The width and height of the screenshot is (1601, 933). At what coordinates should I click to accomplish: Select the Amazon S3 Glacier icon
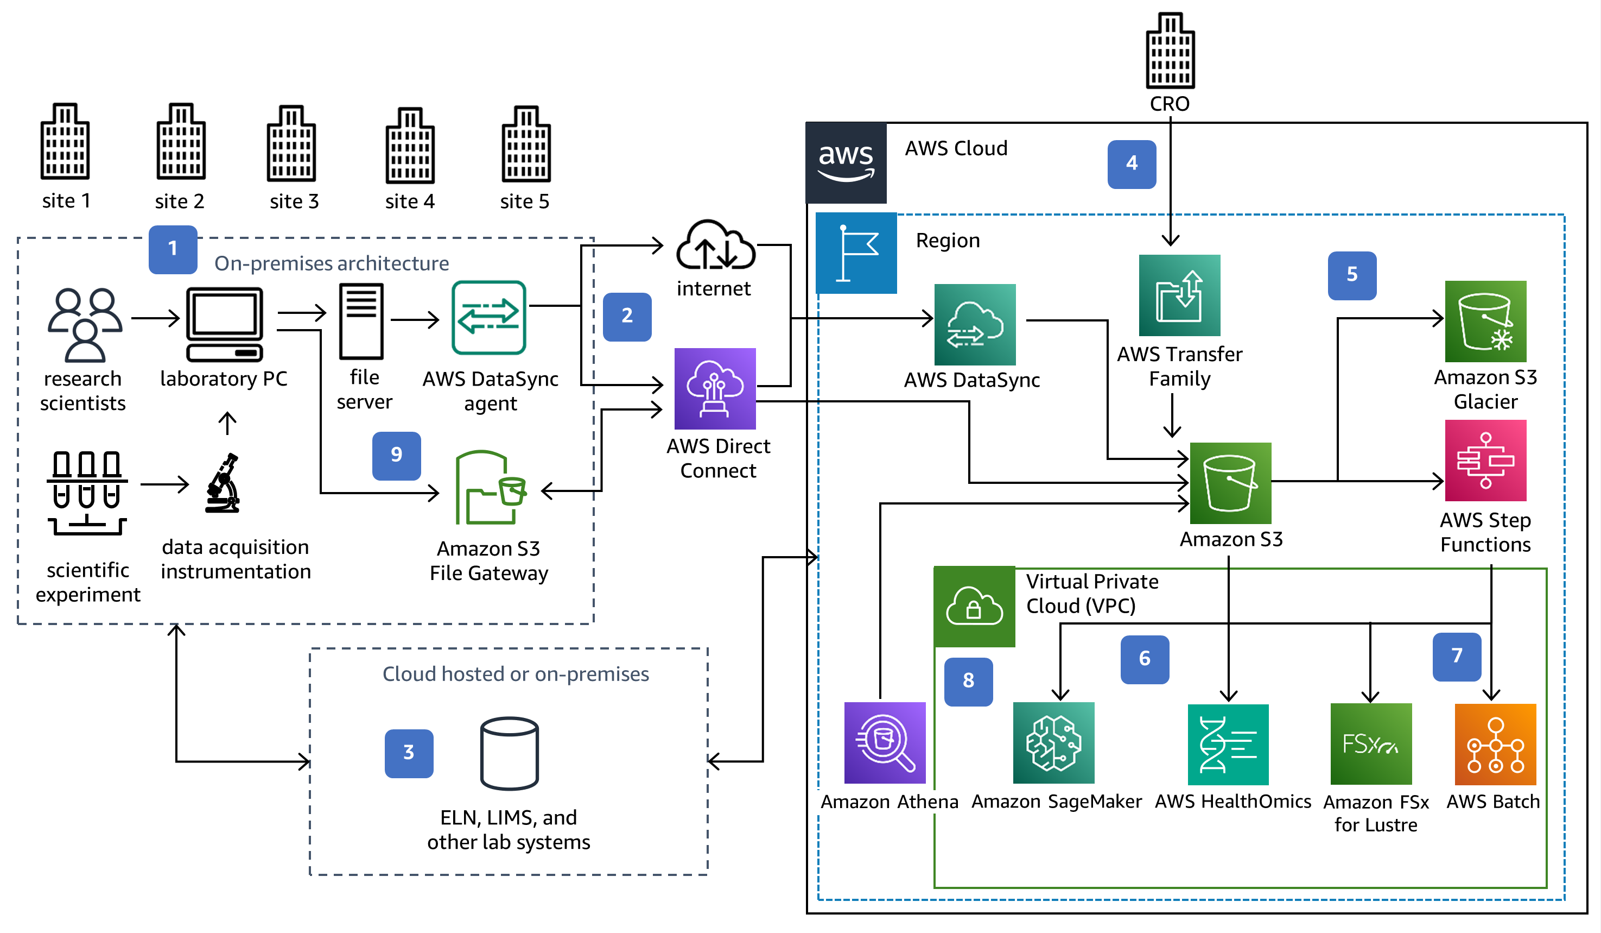[x=1485, y=321]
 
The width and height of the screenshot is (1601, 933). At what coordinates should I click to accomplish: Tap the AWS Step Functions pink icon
[x=1485, y=460]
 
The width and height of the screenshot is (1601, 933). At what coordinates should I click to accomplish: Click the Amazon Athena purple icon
[x=885, y=742]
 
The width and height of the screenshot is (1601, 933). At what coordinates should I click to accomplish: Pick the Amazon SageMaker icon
[x=1053, y=742]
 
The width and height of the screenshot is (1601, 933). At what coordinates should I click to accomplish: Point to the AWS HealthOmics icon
[x=1228, y=743]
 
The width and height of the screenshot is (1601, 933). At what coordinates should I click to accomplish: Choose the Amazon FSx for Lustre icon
[x=1370, y=743]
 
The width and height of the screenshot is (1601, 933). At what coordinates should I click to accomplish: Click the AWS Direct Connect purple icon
[x=715, y=388]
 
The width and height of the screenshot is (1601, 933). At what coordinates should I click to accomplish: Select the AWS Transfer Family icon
[x=1179, y=295]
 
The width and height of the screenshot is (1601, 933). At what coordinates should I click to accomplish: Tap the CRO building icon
[x=1170, y=51]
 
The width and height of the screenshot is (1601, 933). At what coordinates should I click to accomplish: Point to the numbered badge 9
[x=396, y=455]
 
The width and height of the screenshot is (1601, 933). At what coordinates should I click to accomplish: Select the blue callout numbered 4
[x=1131, y=164]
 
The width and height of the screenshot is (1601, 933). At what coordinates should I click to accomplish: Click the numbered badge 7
[x=1456, y=656]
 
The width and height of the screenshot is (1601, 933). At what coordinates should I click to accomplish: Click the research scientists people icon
[x=85, y=324]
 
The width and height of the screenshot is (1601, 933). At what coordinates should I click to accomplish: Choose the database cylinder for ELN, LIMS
[x=509, y=753]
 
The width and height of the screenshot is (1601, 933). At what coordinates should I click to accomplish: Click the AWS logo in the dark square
[x=846, y=162]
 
